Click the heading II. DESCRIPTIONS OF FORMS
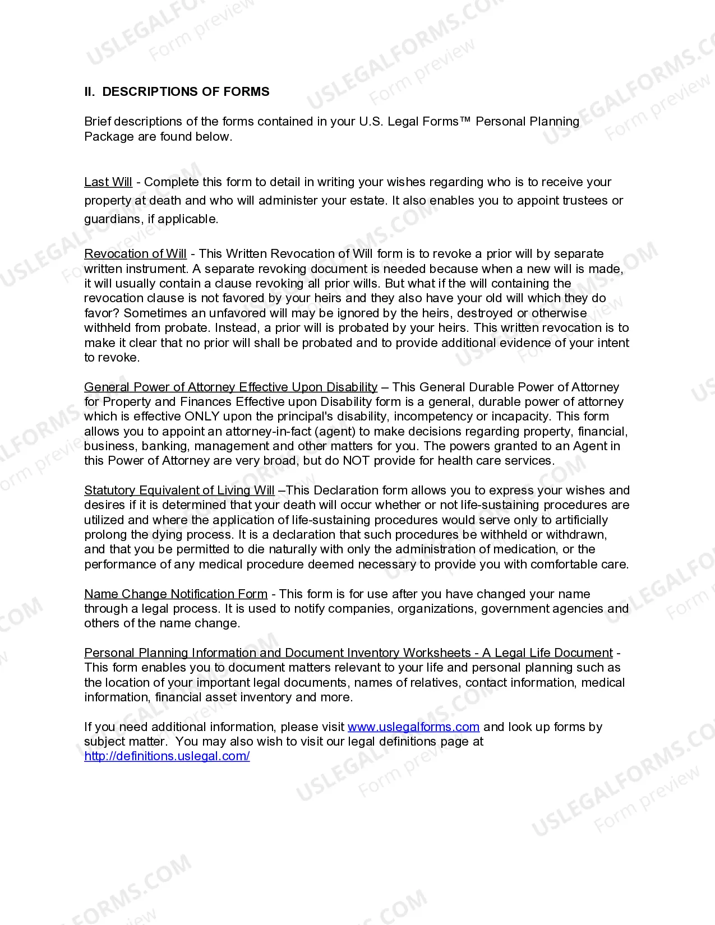[177, 92]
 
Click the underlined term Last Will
[108, 182]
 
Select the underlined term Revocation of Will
[135, 254]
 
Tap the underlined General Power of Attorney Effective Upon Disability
[230, 387]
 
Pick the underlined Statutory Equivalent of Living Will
[179, 491]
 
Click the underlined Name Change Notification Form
[176, 594]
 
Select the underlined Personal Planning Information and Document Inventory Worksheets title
[348, 653]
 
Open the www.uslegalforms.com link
[413, 727]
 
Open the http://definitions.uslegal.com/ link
[167, 756]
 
